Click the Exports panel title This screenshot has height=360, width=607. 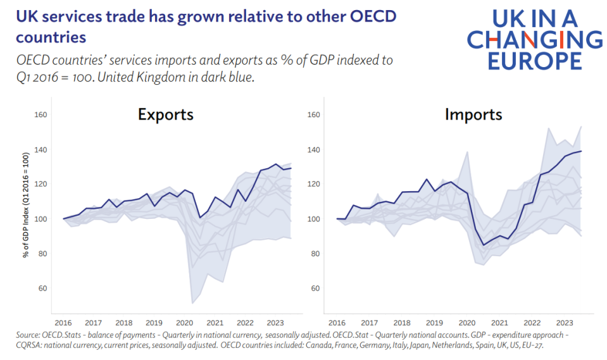coord(166,115)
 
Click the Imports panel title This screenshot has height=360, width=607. coord(473,115)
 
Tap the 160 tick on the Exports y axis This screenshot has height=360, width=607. coord(42,115)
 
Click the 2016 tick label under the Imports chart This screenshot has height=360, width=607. coord(336,322)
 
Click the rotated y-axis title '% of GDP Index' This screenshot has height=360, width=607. coord(26,205)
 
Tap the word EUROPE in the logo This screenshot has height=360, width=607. coord(524,60)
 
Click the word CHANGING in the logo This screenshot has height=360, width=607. coord(535,40)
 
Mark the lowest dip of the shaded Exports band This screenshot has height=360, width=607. coord(192,303)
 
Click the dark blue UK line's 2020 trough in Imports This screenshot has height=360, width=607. coord(484,245)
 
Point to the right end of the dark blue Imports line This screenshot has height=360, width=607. coord(581,151)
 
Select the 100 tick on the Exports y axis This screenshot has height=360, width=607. coord(42,219)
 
